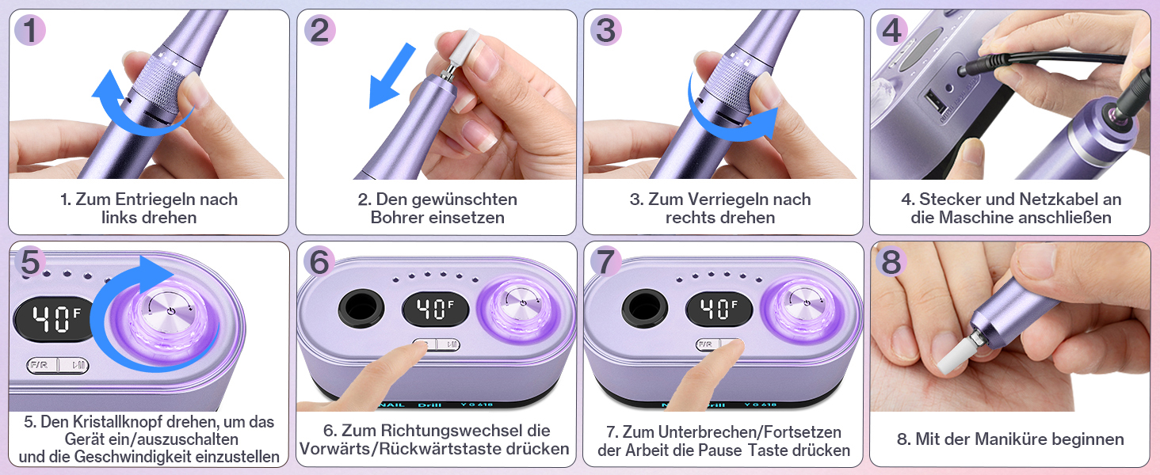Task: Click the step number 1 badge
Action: (30, 30)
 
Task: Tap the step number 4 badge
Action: (891, 30)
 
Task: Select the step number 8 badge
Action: (891, 261)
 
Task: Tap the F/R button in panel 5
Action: (42, 365)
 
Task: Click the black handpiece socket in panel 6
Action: (361, 309)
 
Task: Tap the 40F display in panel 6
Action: (435, 310)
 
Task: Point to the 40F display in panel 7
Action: (719, 310)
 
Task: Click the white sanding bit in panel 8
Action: (953, 353)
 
